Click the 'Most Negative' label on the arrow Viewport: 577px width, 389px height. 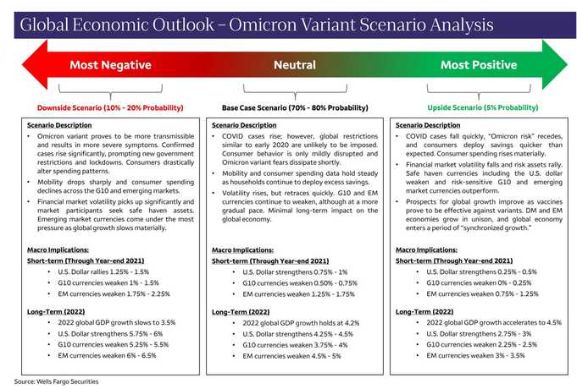pos(110,65)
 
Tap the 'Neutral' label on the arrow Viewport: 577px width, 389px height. pos(295,65)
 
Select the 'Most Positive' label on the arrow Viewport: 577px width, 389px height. pos(480,65)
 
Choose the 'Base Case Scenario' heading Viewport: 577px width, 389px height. pos(294,107)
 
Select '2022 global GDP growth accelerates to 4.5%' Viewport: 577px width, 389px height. pos(493,322)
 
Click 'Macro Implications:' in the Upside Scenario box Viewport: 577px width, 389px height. pos(424,249)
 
